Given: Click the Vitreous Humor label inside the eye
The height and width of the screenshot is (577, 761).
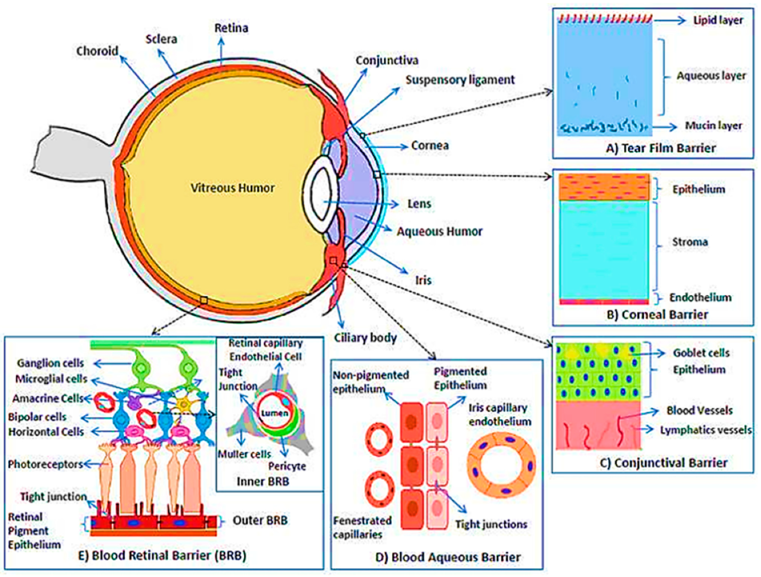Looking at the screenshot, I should [x=232, y=188].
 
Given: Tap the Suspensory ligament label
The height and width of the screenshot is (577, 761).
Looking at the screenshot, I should [x=460, y=80].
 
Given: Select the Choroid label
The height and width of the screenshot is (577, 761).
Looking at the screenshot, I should [x=97, y=51].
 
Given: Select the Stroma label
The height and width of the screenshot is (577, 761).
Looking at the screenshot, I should [x=690, y=242].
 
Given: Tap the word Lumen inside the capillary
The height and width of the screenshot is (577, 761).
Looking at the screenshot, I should [x=274, y=413].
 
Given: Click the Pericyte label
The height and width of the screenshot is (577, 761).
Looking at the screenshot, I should [x=287, y=466].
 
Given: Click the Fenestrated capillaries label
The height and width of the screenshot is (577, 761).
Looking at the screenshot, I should [x=362, y=528].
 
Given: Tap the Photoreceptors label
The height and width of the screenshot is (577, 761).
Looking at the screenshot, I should [x=45, y=464].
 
